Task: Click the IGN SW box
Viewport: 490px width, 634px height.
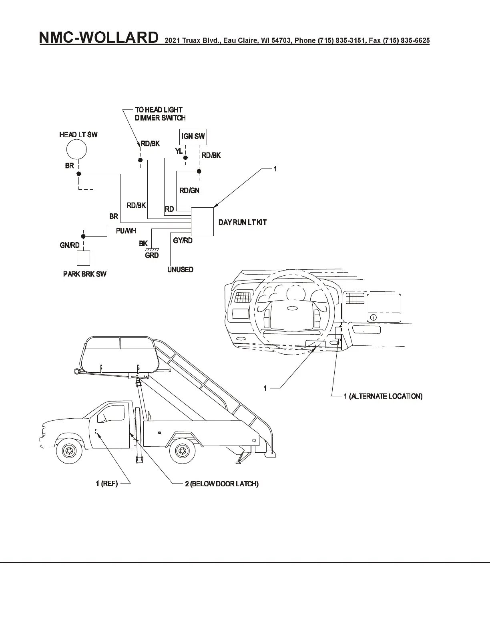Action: click(193, 136)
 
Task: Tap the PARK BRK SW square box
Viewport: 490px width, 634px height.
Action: click(83, 258)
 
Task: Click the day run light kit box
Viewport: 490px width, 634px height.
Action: click(202, 222)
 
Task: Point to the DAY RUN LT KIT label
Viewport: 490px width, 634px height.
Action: click(242, 222)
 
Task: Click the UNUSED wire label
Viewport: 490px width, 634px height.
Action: click(180, 269)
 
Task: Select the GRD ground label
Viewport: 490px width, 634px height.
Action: click(152, 255)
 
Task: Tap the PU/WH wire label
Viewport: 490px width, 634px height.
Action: click(126, 231)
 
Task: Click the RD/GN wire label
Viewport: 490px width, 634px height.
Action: click(189, 191)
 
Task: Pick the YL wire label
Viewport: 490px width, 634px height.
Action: click(179, 151)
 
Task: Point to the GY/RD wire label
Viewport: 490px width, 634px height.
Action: click(183, 241)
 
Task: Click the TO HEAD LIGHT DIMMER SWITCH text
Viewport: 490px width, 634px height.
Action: click(160, 114)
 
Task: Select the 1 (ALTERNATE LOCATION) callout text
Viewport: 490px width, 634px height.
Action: click(383, 396)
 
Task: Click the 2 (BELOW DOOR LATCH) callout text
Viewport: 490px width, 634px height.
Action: click(221, 484)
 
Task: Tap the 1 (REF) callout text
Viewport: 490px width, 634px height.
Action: click(106, 484)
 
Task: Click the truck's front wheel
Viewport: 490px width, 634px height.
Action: click(69, 451)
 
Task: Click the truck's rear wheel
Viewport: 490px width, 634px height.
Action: click(183, 451)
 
